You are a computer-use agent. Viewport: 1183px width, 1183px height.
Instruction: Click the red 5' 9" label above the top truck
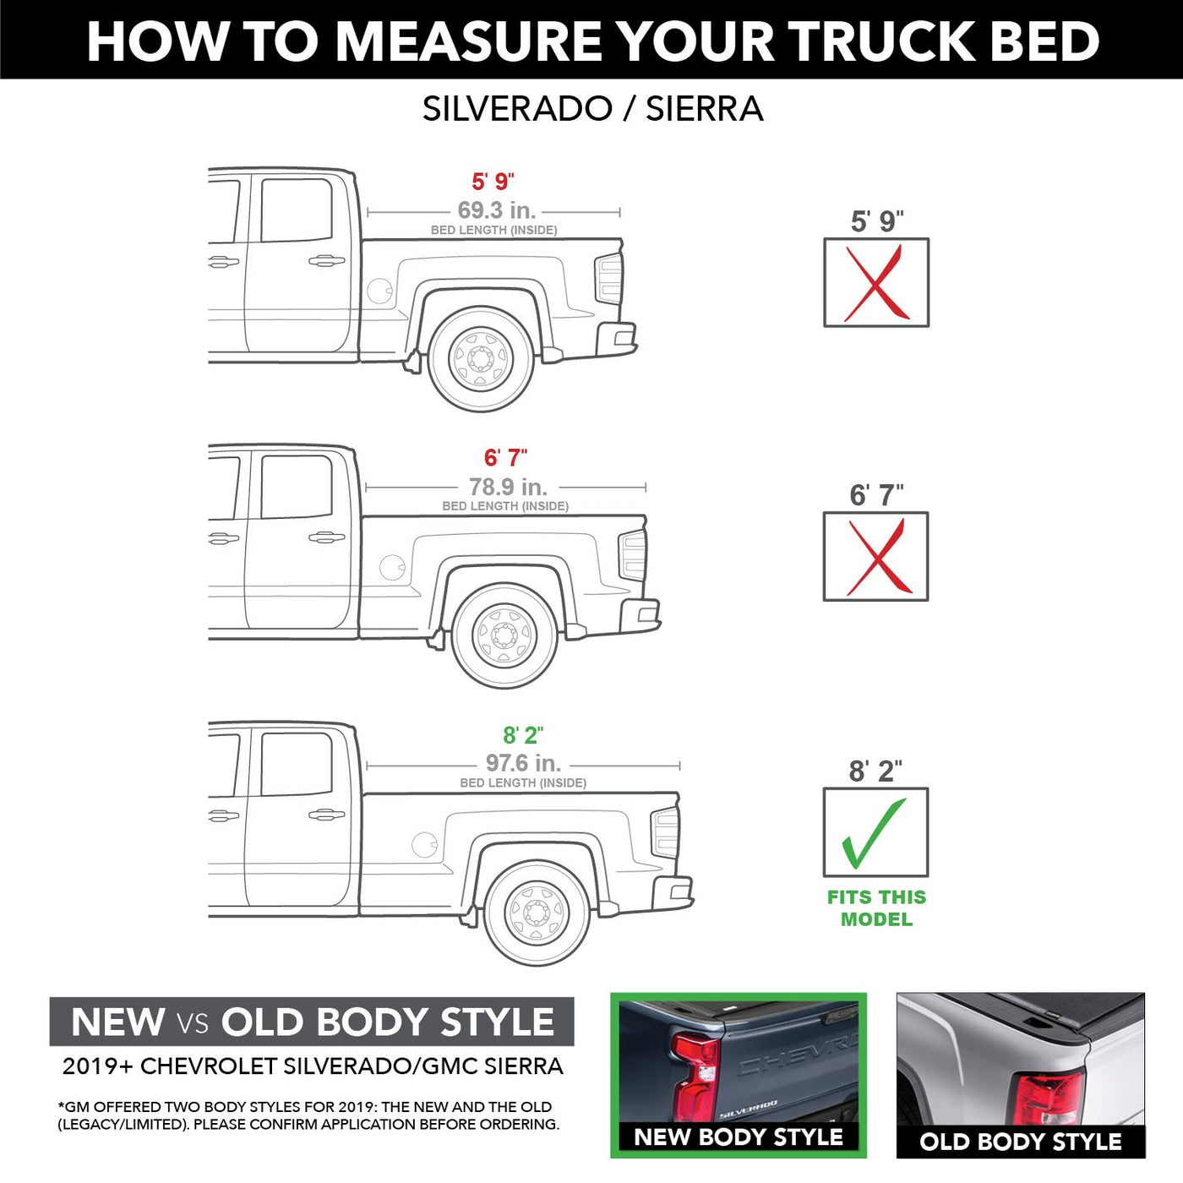click(x=493, y=182)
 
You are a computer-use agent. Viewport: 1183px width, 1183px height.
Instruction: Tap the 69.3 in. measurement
click(x=497, y=210)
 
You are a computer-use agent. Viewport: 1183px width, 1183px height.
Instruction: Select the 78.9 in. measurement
click(x=509, y=487)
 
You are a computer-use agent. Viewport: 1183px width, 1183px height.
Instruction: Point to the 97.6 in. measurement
click(x=524, y=763)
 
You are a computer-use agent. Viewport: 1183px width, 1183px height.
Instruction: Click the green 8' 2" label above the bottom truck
click(x=523, y=735)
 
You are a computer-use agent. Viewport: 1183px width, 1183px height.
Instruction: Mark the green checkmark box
click(x=875, y=832)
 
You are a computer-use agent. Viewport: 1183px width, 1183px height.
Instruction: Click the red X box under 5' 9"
click(x=876, y=282)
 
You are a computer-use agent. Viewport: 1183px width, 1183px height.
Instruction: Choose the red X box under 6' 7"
click(x=875, y=556)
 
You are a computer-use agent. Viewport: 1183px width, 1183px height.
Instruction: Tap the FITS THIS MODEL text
click(x=876, y=908)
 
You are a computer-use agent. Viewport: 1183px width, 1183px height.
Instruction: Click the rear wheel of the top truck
click(x=481, y=358)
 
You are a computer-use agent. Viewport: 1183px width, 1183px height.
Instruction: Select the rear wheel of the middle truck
click(x=504, y=635)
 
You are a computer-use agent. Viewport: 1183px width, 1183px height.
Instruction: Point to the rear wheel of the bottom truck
click(x=537, y=913)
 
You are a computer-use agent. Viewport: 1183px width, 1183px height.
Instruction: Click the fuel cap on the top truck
click(x=379, y=291)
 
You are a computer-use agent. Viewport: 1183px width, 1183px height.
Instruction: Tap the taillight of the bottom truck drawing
click(x=665, y=832)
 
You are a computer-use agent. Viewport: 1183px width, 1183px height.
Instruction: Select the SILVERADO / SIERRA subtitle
click(x=592, y=109)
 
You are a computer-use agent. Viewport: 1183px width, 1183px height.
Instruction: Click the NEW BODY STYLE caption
click(x=738, y=1137)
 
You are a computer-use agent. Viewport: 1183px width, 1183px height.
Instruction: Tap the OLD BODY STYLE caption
click(x=1020, y=1142)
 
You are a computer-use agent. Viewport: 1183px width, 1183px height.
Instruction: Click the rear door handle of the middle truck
click(x=327, y=537)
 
